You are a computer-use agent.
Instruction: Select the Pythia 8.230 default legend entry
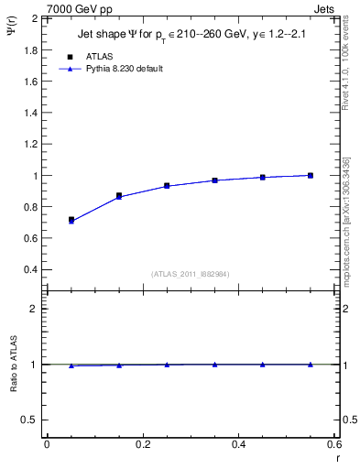(126, 69)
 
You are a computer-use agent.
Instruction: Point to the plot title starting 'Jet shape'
(192, 37)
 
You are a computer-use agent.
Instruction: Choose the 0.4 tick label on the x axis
(239, 444)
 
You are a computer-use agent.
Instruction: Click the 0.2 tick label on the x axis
(143, 444)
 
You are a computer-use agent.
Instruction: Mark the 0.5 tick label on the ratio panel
(31, 420)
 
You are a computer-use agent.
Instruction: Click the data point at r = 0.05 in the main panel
(71, 220)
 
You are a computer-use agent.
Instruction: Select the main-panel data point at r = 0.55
(311, 175)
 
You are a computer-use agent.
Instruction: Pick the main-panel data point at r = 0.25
(167, 185)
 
